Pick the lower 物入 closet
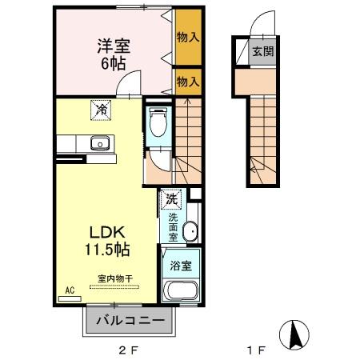coord(187,81)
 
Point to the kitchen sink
coord(100,144)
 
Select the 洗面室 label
coord(171,226)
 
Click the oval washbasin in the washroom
coord(189,233)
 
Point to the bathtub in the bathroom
coord(181,290)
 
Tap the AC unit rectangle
coord(70,299)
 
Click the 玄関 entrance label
coord(262,52)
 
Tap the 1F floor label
coord(255,350)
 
